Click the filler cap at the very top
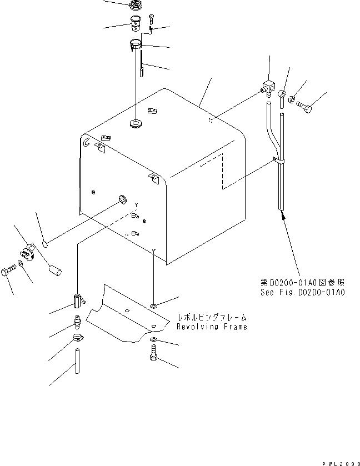point(135,6)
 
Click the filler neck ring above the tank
point(134,45)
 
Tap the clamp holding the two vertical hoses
point(279,162)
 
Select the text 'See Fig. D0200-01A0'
point(302,292)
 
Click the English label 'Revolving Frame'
point(212,327)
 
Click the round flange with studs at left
point(28,254)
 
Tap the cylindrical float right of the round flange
point(54,272)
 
